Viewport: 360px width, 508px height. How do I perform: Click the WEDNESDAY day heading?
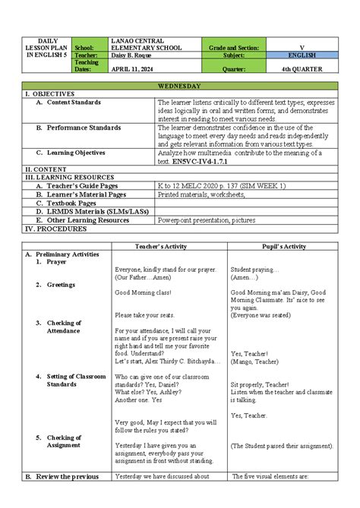click(180, 87)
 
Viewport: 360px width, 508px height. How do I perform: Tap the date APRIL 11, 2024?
click(131, 68)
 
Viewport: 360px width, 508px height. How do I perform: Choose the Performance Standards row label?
click(84, 128)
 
